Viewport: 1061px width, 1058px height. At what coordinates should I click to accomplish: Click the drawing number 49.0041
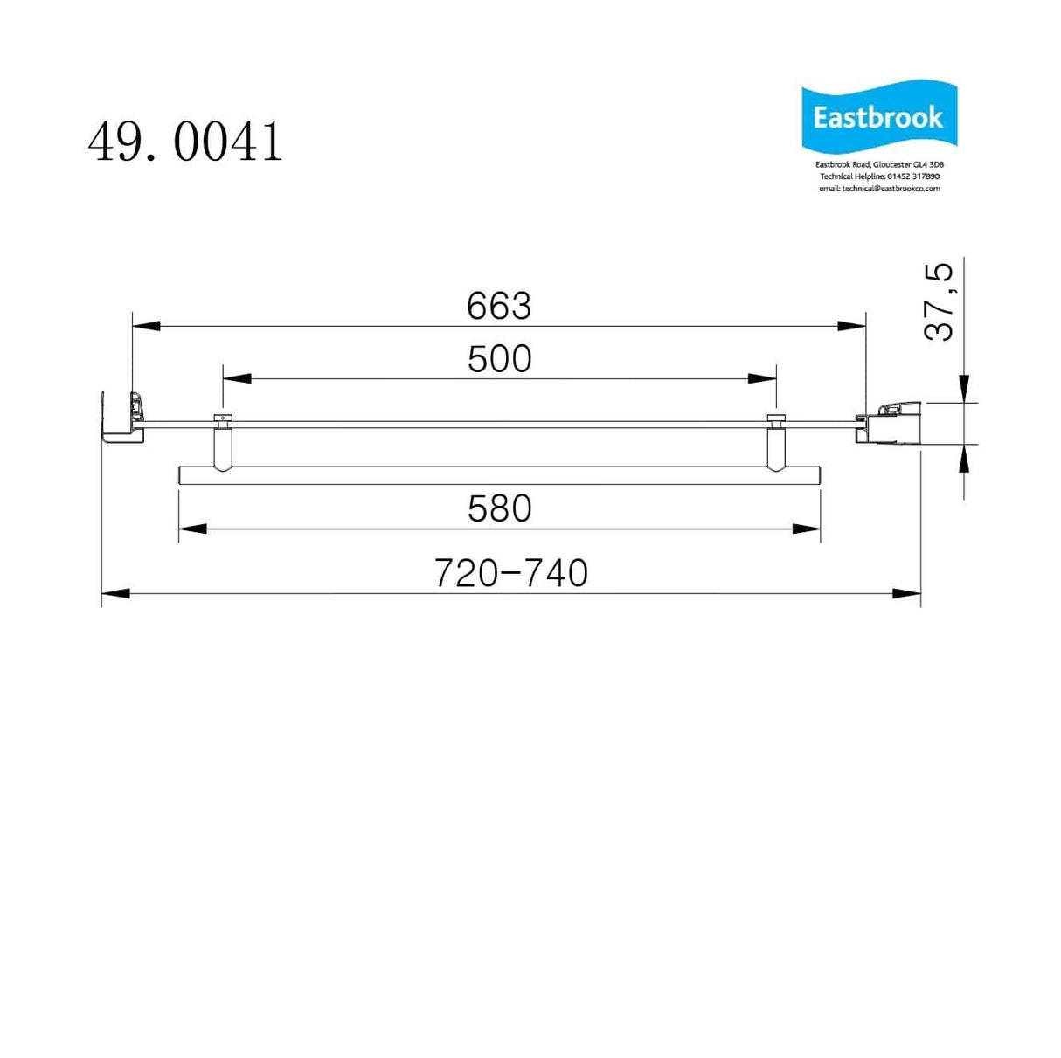point(185,142)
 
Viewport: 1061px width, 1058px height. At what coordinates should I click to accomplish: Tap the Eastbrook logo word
point(877,118)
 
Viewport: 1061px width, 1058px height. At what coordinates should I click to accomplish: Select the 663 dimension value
point(498,306)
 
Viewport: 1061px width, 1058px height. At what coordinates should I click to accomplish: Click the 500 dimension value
point(499,359)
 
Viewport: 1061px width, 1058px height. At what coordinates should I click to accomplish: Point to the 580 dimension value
point(499,508)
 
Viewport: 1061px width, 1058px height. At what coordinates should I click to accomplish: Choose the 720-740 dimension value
point(511,573)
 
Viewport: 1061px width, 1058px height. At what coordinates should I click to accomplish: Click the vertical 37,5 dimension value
point(940,301)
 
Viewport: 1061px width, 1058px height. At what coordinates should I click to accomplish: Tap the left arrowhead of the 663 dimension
point(146,326)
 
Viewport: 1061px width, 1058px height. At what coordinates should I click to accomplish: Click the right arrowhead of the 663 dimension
point(852,326)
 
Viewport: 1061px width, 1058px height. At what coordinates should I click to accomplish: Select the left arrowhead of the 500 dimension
point(237,378)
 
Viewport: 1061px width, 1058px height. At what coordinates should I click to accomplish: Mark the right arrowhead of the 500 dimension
point(762,378)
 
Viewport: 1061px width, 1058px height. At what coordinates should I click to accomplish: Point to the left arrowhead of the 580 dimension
point(192,529)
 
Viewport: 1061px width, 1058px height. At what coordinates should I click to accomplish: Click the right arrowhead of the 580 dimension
point(807,529)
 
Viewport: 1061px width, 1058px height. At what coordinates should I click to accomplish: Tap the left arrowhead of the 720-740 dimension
point(115,593)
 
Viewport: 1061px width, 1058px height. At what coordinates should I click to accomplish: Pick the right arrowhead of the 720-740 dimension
point(907,593)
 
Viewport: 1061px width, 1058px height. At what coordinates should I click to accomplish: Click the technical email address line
point(879,189)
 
